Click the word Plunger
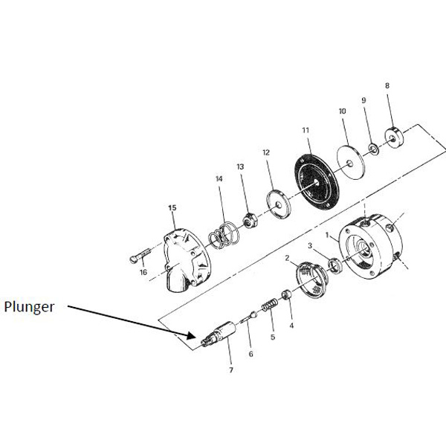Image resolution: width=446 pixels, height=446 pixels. tap(29, 308)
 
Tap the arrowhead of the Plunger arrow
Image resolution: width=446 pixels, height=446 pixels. tap(192, 335)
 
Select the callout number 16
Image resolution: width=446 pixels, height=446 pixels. tap(143, 272)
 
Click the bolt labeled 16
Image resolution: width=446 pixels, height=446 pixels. tap(140, 256)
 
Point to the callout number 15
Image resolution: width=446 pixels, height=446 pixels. tap(172, 207)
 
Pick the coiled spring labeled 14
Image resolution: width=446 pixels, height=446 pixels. tap(224, 235)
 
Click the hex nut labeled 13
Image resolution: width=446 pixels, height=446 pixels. tap(251, 220)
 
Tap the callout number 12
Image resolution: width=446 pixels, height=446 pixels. tap(266, 152)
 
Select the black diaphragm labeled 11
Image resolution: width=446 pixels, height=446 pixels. tap(317, 182)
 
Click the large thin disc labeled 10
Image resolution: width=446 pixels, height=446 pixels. tap(350, 163)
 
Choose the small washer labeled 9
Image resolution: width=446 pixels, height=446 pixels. tap(373, 149)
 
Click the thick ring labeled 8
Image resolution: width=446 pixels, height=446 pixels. tap(394, 138)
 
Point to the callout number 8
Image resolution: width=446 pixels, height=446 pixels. tap(387, 85)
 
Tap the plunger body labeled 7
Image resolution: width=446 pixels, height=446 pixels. tap(219, 334)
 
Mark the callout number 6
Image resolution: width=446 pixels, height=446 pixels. tap(251, 354)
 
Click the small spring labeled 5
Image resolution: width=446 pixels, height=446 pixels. tap(269, 304)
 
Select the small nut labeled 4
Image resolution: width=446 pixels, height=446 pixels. tap(286, 294)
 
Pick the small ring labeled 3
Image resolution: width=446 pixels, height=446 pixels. tap(335, 265)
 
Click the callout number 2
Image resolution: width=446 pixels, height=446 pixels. tap(287, 258)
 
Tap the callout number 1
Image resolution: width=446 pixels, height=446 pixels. tap(327, 235)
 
